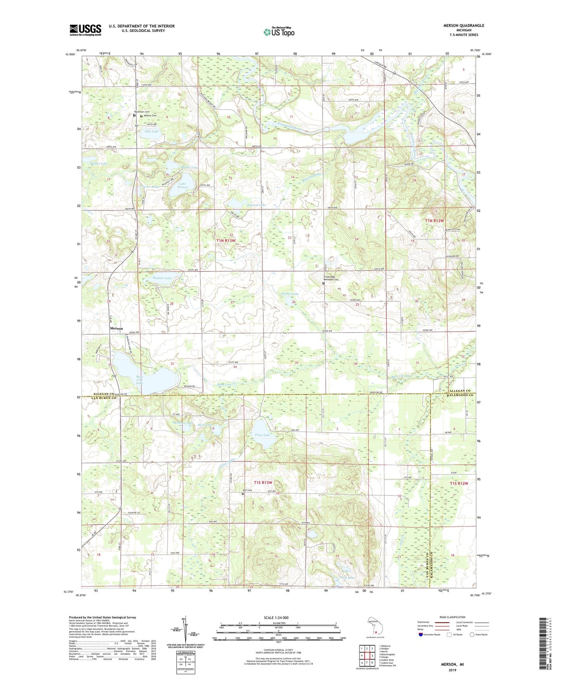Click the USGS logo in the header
[x=85, y=30]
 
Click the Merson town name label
[x=116, y=329]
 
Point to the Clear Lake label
[x=262, y=435]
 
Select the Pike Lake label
[x=151, y=132]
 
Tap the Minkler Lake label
[x=162, y=278]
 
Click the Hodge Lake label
[x=290, y=294]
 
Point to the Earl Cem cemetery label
[x=247, y=490]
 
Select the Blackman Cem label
[x=142, y=112]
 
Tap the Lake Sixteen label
[x=182, y=186]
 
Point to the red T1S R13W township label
[x=263, y=483]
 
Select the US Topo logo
[x=279, y=32]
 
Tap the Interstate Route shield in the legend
[x=421, y=635]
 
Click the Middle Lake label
[x=189, y=167]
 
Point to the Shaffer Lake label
[x=99, y=164]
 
